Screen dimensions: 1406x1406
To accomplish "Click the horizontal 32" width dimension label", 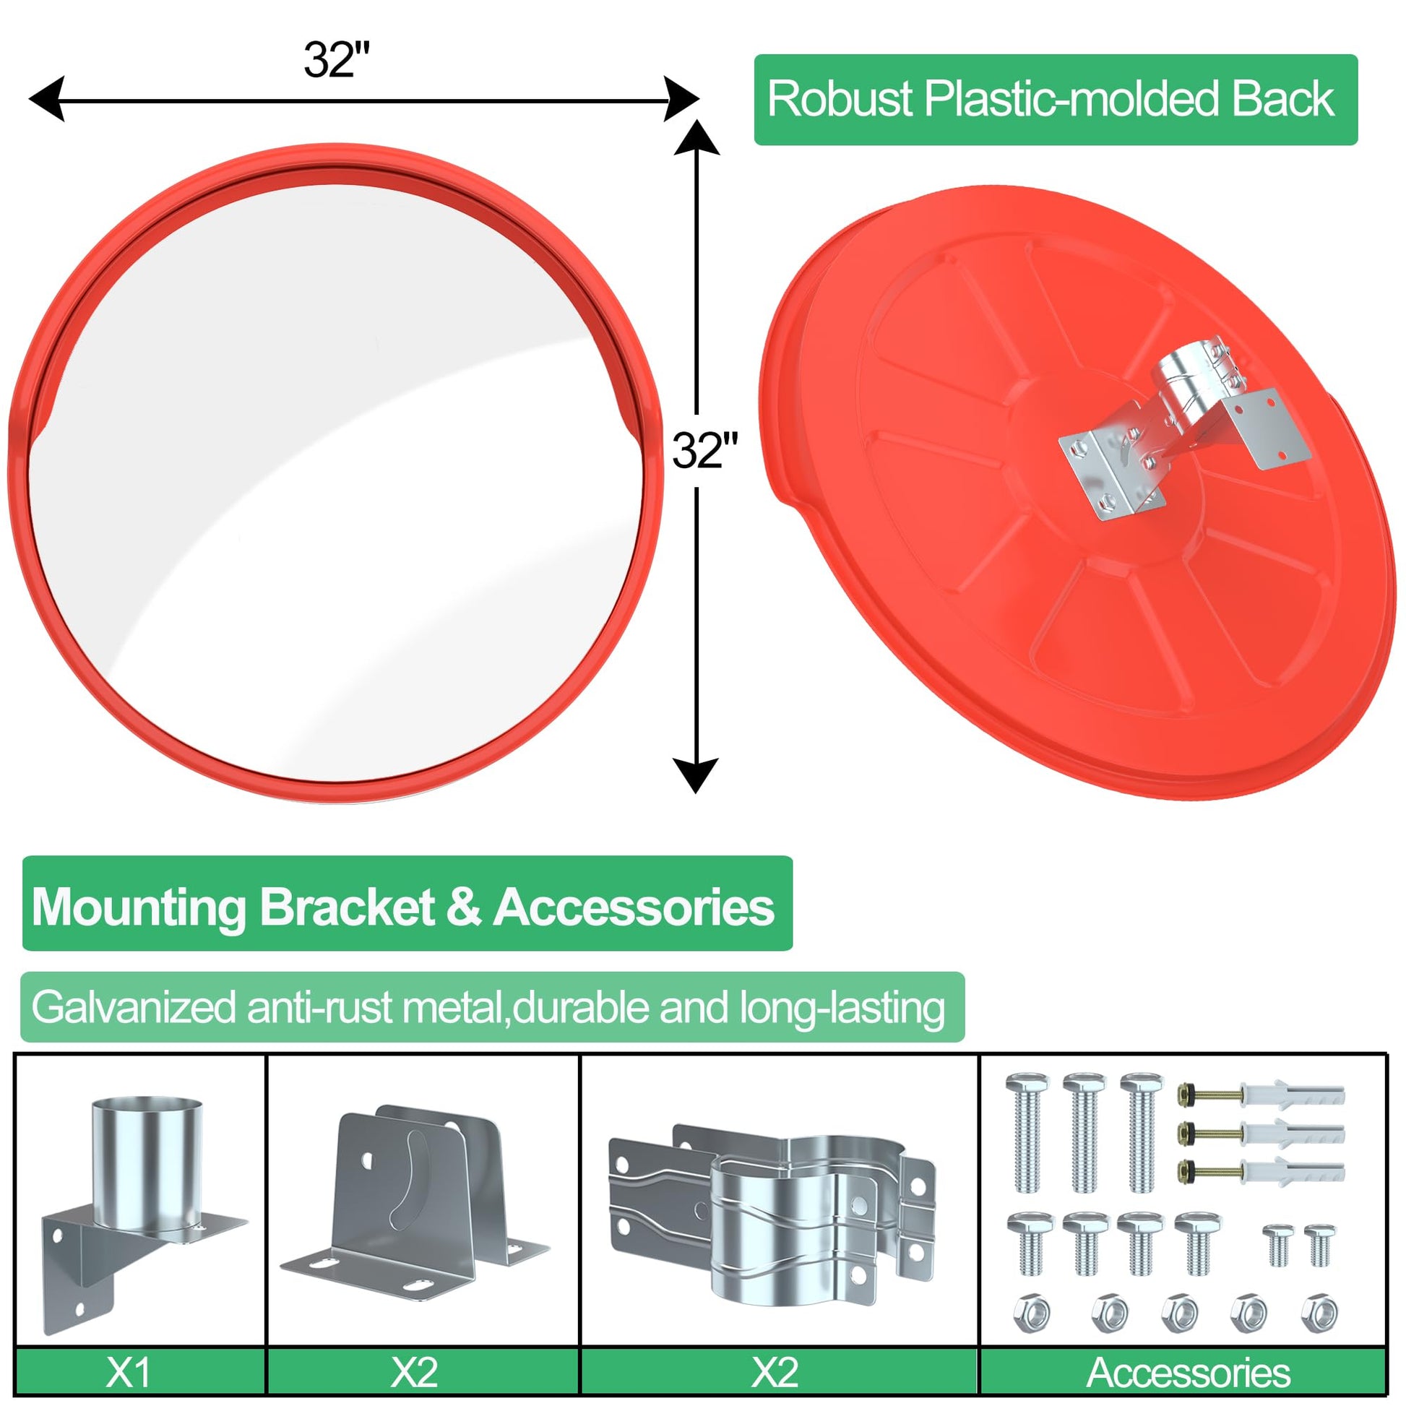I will (x=337, y=60).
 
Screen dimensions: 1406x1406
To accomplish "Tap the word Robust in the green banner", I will (x=840, y=99).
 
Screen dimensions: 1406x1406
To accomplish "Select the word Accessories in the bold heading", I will (x=634, y=907).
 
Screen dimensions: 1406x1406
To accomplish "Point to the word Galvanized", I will (x=134, y=1007).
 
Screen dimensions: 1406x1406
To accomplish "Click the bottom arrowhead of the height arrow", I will (x=696, y=776).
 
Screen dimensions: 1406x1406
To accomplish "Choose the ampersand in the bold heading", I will (x=465, y=907).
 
